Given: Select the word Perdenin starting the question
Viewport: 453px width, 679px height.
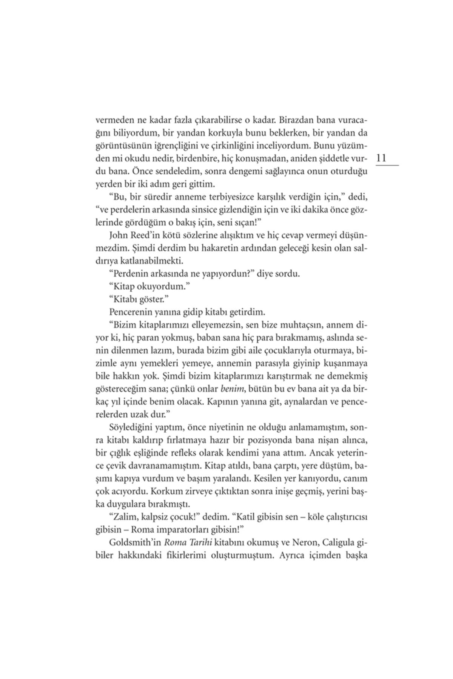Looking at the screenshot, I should tap(128, 273).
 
